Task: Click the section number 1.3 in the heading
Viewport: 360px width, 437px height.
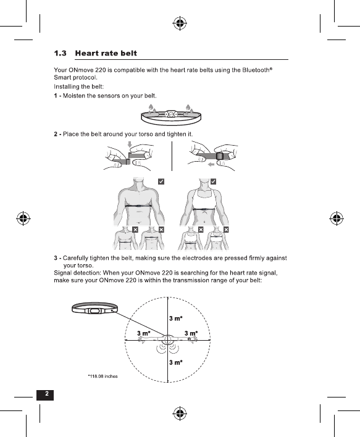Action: [61, 53]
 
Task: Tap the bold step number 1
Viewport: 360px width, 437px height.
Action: [56, 96]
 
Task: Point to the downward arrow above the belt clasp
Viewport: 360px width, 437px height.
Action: [130, 144]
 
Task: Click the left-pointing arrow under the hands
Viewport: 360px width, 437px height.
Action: [211, 164]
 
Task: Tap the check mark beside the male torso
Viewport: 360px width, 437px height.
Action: [161, 181]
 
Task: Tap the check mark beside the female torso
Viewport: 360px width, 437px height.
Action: [213, 181]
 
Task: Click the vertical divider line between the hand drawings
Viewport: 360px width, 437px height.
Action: [172, 156]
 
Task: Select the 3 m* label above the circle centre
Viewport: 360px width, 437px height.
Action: [176, 318]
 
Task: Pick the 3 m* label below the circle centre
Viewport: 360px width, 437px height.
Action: [176, 362]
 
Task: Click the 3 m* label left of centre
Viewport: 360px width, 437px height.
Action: [144, 333]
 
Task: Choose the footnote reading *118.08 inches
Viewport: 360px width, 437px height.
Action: [103, 377]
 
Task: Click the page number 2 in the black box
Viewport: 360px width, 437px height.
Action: [46, 394]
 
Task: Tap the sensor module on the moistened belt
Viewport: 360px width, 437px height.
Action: [172, 114]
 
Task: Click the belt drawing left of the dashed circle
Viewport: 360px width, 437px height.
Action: [95, 309]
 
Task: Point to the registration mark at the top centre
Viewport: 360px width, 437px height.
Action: [180, 23]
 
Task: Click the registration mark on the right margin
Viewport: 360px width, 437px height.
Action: [337, 218]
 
